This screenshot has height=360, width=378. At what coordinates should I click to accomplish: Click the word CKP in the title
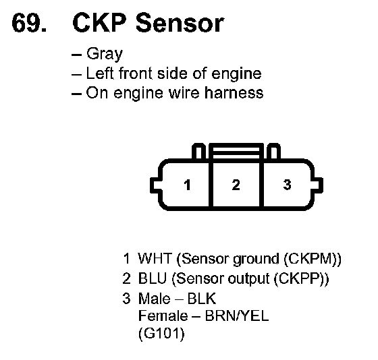tap(100, 23)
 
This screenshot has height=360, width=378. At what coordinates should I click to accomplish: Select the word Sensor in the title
tap(180, 23)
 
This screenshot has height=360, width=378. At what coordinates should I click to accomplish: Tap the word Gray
tap(105, 54)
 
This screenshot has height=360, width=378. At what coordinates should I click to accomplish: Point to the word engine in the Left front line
tap(236, 73)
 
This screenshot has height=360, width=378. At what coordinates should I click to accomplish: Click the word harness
tap(234, 93)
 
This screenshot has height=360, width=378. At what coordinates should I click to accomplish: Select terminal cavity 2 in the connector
tap(236, 185)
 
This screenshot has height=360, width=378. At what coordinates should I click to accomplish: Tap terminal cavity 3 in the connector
tap(287, 185)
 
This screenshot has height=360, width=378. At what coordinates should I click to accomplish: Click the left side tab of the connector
tap(155, 185)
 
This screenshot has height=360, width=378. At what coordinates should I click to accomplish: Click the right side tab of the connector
tap(318, 185)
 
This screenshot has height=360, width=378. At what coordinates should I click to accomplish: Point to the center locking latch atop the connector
tap(236, 151)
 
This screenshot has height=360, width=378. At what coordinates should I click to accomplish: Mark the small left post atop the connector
tap(198, 151)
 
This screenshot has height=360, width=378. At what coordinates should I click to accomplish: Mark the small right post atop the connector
tap(274, 151)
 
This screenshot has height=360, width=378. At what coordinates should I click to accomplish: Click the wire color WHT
tap(155, 258)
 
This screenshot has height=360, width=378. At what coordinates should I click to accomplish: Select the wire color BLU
tap(153, 278)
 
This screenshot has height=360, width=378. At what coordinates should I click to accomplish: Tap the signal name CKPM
tap(312, 258)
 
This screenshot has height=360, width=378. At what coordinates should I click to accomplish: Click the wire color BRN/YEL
tap(237, 316)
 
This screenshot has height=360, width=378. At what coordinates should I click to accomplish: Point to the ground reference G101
tap(161, 334)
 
